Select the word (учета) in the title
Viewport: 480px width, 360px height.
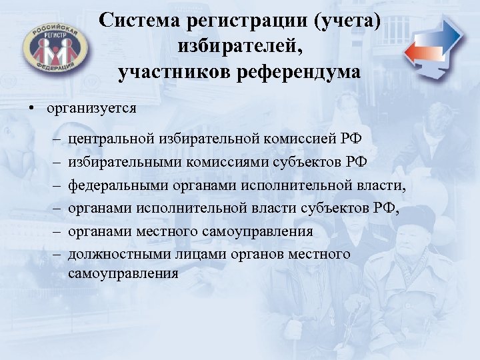click(x=349, y=21)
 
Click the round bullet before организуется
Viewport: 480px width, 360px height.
click(x=31, y=107)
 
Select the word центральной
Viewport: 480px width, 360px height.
click(x=111, y=139)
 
